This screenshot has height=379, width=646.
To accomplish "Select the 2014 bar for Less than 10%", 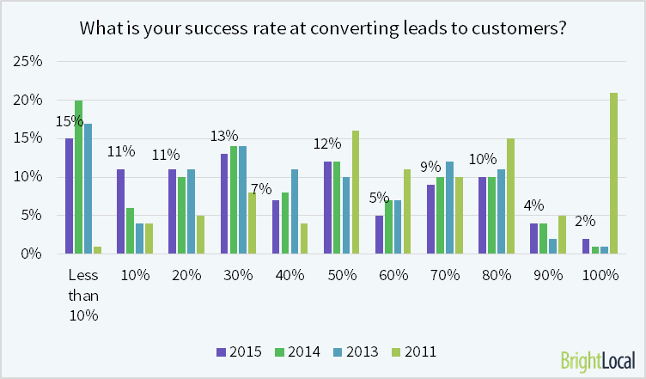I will (x=79, y=177).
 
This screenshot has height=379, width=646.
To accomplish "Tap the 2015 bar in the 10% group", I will (x=120, y=211).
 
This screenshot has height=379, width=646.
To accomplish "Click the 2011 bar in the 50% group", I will (x=356, y=193).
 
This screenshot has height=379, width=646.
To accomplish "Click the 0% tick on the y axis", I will (x=32, y=254).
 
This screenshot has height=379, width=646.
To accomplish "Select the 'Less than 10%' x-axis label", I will (x=83, y=294).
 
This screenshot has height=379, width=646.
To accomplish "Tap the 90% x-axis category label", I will (x=547, y=276).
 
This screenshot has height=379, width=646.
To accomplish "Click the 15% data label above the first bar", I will (x=67, y=121).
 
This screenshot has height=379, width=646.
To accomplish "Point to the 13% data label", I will (x=224, y=136).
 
